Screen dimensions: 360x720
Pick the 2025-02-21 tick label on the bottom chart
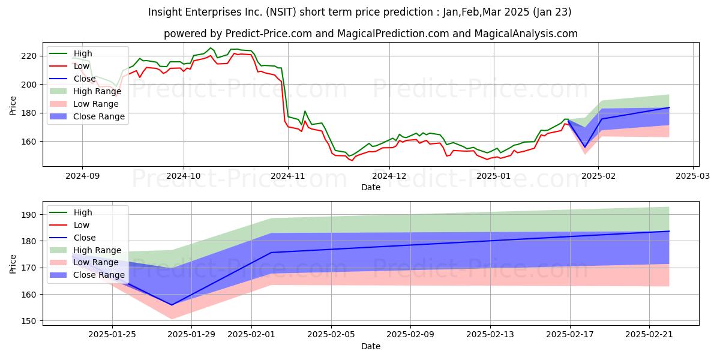(x=650, y=334)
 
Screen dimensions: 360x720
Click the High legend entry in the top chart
(x=83, y=53)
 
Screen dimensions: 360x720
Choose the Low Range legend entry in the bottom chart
(x=96, y=263)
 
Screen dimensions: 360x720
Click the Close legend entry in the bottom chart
(x=84, y=238)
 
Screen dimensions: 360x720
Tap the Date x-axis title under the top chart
(x=370, y=187)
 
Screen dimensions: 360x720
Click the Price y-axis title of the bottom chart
(x=13, y=263)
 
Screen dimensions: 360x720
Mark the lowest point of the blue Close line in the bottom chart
(x=172, y=305)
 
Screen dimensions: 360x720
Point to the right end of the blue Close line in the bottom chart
(x=669, y=231)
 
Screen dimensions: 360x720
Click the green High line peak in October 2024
(x=211, y=48)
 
